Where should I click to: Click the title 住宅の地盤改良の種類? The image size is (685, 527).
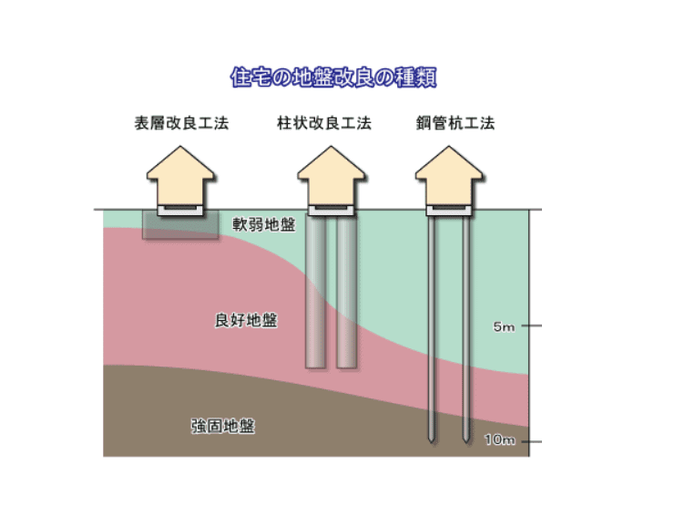[x=333, y=77]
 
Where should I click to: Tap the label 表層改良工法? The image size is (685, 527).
[x=181, y=123]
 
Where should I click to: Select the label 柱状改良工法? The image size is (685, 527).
[x=324, y=123]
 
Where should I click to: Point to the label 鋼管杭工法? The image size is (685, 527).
[x=455, y=123]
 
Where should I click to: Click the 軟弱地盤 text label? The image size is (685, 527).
[x=264, y=224]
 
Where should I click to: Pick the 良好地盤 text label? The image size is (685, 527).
[x=246, y=320]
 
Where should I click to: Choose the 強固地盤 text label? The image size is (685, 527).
[x=223, y=426]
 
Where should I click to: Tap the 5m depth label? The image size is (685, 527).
[x=504, y=326]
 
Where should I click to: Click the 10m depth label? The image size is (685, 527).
[x=500, y=439]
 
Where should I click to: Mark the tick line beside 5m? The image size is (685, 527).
[x=532, y=325]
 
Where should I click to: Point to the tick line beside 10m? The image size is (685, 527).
[x=532, y=441]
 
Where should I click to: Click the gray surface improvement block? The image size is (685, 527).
[x=181, y=224]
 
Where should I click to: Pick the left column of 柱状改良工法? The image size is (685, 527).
[x=315, y=292]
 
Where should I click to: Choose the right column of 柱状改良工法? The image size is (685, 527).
[x=347, y=292]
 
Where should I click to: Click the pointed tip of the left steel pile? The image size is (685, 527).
[x=432, y=442]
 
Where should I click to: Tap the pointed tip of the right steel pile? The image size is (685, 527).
[x=466, y=442]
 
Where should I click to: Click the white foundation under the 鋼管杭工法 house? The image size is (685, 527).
[x=449, y=211]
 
